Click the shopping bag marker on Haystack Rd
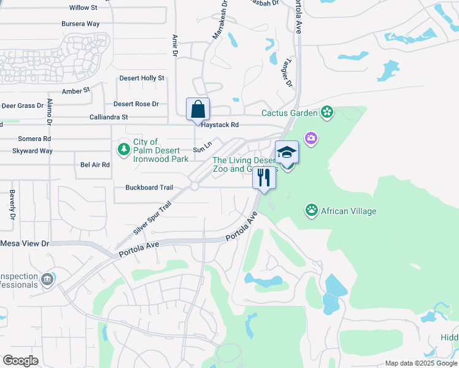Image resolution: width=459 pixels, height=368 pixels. (x=198, y=110)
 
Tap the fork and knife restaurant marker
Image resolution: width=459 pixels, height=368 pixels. (x=264, y=178)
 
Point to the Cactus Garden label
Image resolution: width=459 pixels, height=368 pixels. (x=289, y=113)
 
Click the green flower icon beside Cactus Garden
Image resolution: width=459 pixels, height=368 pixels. (x=327, y=112)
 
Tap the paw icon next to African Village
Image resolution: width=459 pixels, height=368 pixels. (x=312, y=211)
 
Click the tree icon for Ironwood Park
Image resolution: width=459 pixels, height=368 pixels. (x=124, y=149)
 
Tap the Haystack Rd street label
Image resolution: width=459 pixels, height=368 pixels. (x=217, y=125)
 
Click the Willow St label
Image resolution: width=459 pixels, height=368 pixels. (x=83, y=7)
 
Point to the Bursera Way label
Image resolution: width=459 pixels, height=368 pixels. (x=80, y=24)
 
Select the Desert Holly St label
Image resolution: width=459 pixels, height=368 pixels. (x=142, y=79)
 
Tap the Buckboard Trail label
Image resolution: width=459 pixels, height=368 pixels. (x=149, y=188)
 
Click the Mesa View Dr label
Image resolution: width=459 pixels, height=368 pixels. (x=24, y=243)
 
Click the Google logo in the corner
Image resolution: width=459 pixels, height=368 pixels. (x=20, y=361)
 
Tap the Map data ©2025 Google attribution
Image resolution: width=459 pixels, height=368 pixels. (x=420, y=363)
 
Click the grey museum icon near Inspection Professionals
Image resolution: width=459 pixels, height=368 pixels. (x=47, y=280)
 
